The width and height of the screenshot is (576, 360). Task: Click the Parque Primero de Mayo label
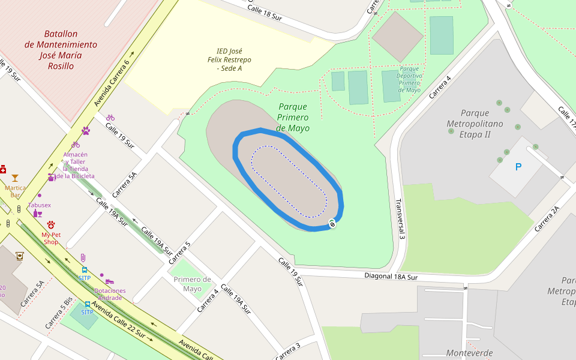(x=293, y=118)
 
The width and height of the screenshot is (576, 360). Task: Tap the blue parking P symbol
(x=518, y=167)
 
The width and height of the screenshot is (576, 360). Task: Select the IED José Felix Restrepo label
(x=229, y=60)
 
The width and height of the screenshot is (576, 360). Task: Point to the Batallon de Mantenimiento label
(x=61, y=50)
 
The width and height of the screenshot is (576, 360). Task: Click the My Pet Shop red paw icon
(x=51, y=224)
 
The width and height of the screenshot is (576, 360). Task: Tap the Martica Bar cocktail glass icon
(x=15, y=178)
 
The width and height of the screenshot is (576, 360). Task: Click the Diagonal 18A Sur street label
(x=391, y=277)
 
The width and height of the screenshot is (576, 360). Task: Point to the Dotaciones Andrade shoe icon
(x=110, y=281)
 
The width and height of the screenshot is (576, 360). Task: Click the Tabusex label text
(x=39, y=205)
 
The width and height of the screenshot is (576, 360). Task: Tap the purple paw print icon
(x=86, y=130)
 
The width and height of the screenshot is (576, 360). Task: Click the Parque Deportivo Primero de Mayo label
(x=410, y=80)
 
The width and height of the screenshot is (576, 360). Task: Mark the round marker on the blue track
(x=332, y=224)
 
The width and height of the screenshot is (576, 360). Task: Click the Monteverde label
(x=469, y=353)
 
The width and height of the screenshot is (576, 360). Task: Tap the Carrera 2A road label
(x=547, y=218)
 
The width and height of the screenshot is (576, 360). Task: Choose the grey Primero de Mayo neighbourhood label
(x=192, y=284)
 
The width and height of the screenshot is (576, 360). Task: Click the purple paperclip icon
(x=83, y=258)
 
